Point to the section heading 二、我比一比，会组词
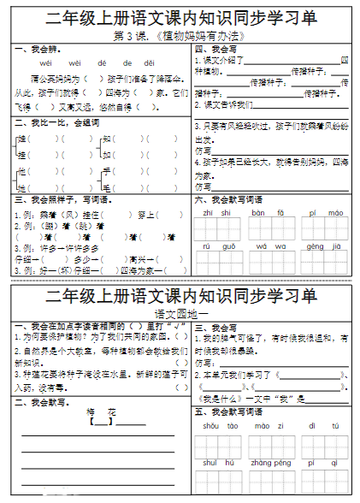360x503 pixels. [x=51, y=123]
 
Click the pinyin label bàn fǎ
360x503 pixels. [x=263, y=212]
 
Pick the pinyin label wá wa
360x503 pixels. [x=263, y=246]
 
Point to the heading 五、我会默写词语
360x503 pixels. [x=228, y=411]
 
